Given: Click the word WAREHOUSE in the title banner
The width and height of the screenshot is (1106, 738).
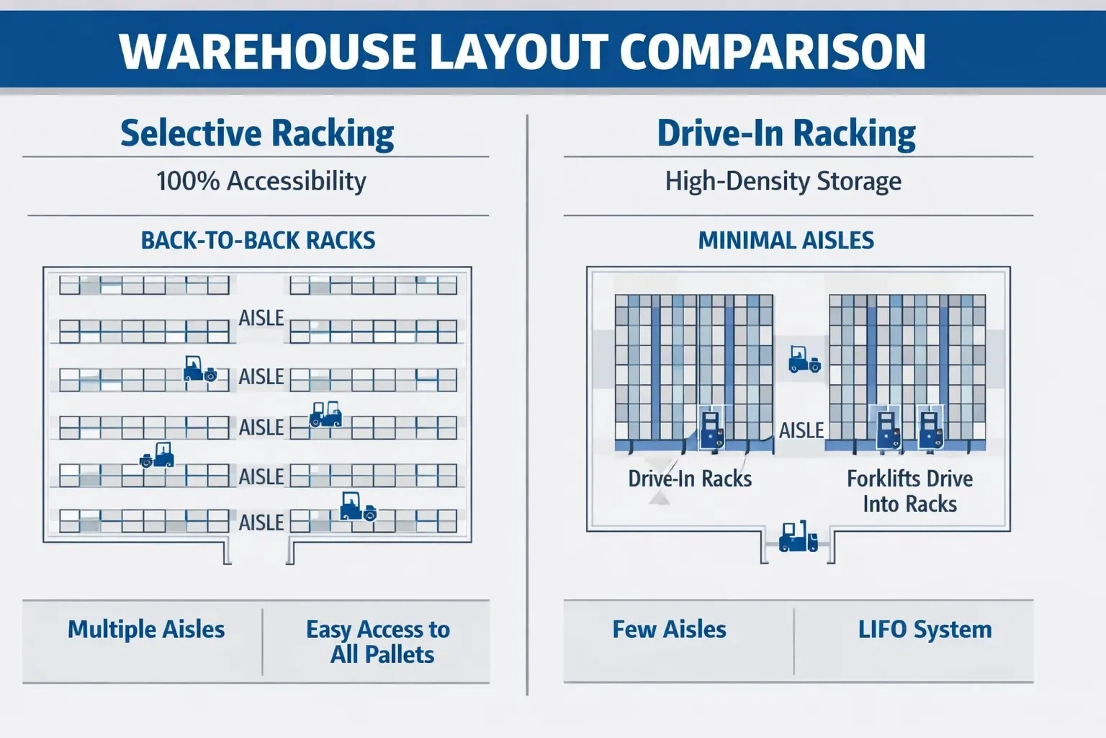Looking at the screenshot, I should click(267, 51).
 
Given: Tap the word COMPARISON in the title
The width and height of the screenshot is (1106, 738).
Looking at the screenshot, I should click(772, 51).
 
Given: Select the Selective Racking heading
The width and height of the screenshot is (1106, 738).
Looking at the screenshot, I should click(257, 133).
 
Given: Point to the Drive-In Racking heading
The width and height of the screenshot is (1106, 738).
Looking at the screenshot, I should click(786, 133).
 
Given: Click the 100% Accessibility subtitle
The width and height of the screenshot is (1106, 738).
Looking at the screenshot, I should click(261, 180).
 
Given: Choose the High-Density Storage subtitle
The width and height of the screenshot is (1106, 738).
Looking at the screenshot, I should click(783, 180).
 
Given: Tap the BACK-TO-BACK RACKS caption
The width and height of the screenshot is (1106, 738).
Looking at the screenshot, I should click(258, 240).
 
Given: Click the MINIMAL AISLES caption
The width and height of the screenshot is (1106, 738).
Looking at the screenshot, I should click(786, 240).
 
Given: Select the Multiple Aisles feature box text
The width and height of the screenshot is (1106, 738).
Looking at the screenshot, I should click(146, 629).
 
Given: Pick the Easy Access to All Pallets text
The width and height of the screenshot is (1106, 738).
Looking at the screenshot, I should click(379, 641).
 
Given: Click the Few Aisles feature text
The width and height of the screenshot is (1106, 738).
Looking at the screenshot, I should click(669, 629).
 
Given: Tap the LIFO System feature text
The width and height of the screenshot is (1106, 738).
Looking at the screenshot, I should click(925, 629).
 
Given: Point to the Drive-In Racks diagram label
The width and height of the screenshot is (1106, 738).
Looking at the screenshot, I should click(690, 479).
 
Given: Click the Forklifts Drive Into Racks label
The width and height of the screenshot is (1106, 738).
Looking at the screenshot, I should click(909, 491).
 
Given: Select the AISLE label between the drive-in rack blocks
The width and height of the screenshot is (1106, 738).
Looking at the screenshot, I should click(801, 430).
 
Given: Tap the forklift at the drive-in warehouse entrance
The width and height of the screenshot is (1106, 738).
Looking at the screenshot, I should click(798, 537).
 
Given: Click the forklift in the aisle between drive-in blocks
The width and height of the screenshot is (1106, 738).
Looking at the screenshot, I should click(804, 359).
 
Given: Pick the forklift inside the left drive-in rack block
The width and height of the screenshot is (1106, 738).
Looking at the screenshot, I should click(711, 428).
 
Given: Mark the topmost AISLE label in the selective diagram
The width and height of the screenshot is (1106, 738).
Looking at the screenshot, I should click(261, 318).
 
